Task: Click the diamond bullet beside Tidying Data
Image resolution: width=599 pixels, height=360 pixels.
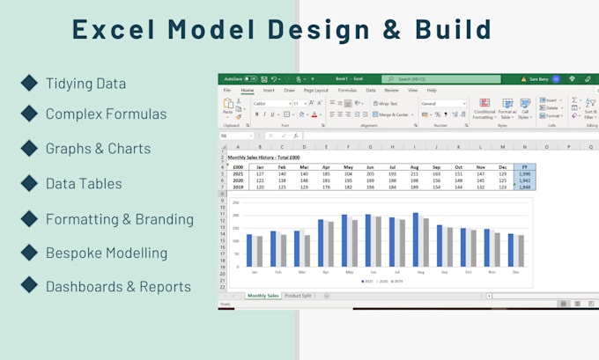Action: tap(29, 84)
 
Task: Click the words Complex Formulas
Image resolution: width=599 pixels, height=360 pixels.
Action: tap(106, 114)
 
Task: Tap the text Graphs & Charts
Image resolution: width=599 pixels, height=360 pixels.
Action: tap(98, 149)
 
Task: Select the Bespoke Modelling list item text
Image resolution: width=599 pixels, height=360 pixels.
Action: tap(106, 253)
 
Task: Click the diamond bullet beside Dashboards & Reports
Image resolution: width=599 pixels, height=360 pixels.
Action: tap(29, 285)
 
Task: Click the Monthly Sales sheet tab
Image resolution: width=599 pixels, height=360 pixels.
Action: tap(263, 296)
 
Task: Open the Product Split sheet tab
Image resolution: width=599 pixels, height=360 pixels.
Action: tap(299, 296)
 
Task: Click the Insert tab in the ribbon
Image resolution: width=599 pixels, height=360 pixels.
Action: tap(268, 90)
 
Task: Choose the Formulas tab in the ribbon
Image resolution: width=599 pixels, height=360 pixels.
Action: tap(347, 90)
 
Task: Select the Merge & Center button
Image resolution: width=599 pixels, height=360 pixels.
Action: tap(391, 114)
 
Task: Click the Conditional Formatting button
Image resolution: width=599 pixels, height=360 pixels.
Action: tap(484, 108)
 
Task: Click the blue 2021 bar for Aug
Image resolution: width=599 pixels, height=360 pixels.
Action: tap(415, 239)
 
